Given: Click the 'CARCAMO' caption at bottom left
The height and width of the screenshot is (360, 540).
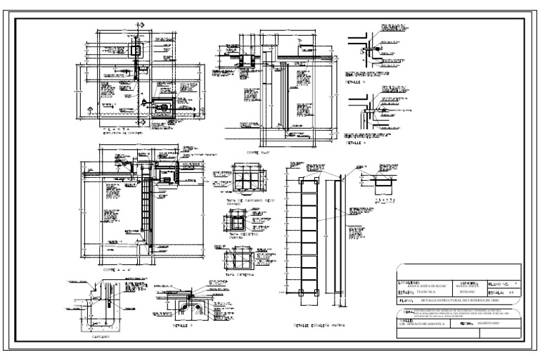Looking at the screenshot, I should (101, 337).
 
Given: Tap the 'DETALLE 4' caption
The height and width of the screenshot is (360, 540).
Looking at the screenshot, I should (356, 143).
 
